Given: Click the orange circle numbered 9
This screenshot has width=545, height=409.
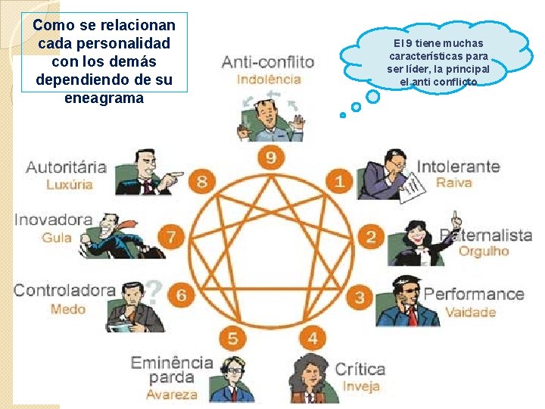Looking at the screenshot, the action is coord(270,157).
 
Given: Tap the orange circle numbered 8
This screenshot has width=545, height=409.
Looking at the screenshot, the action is coord(202,181).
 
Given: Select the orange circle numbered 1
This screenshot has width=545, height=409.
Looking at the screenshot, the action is coord(339,181).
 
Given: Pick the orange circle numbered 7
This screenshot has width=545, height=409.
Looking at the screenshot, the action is coord(173,236).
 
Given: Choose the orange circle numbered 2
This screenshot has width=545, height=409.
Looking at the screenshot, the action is coord(370,236).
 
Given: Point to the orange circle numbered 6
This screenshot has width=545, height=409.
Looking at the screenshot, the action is coord(182,295).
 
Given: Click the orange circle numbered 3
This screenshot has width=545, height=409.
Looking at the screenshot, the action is coord(360,296).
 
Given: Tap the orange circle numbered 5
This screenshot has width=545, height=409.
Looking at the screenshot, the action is coord(233,338).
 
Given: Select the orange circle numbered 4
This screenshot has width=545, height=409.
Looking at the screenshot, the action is coord(312,338).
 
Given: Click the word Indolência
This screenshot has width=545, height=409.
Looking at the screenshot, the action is coord(269,79).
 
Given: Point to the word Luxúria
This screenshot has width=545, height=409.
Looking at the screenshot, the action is coord(70,184).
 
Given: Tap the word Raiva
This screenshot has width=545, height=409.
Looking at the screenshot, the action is coord(454,183).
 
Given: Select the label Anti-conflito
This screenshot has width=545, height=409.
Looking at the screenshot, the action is coord(267,61).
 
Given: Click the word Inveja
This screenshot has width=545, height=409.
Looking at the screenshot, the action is coord(361,386).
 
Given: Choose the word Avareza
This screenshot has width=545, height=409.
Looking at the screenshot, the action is coord(172,394).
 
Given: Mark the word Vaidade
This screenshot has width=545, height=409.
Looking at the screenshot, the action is coord(470,312).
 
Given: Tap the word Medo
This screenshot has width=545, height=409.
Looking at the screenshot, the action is coord(68,308).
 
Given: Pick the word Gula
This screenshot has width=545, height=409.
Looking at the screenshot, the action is coord(58,238).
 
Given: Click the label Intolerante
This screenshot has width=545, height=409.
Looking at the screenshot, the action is coord(458,166).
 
